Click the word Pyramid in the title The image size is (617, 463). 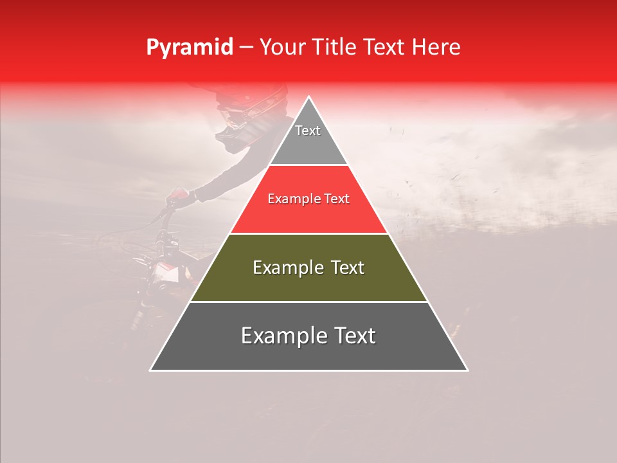click(189, 48)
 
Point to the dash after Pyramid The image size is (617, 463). click(246, 48)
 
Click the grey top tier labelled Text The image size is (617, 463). click(308, 138)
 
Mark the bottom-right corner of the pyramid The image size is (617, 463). click(467, 370)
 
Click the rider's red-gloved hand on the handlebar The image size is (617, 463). click(179, 195)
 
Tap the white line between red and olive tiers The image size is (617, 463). click(308, 233)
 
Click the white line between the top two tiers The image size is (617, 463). click(308, 165)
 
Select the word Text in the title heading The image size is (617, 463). click(384, 48)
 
